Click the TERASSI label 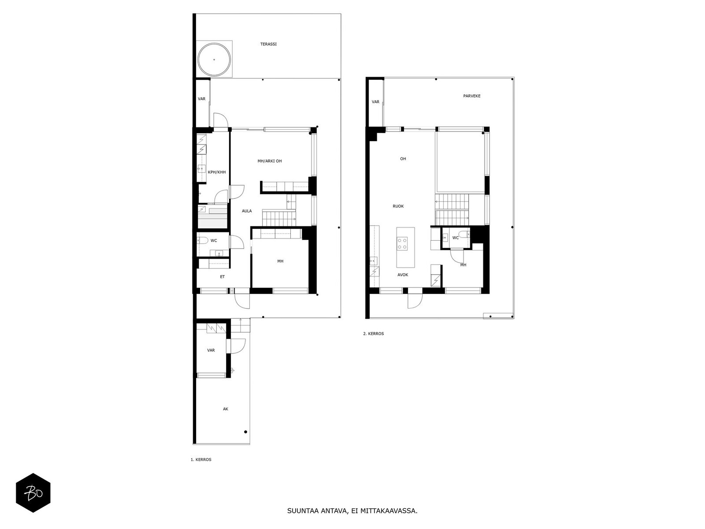click(268, 45)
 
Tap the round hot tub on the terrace click(214, 60)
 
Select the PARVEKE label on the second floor click(471, 96)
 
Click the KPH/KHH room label click(217, 172)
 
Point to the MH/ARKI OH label click(270, 161)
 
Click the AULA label click(247, 211)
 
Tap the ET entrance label click(222, 276)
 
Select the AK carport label click(226, 409)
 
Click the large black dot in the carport click(246, 432)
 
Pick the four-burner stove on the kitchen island click(402, 243)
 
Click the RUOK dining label click(398, 206)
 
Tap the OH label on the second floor click(403, 159)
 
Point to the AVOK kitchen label click(403, 275)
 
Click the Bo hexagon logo click(33, 493)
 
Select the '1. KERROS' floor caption click(201, 460)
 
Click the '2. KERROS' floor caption click(374, 334)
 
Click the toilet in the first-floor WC click(202, 240)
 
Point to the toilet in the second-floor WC click(464, 235)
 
